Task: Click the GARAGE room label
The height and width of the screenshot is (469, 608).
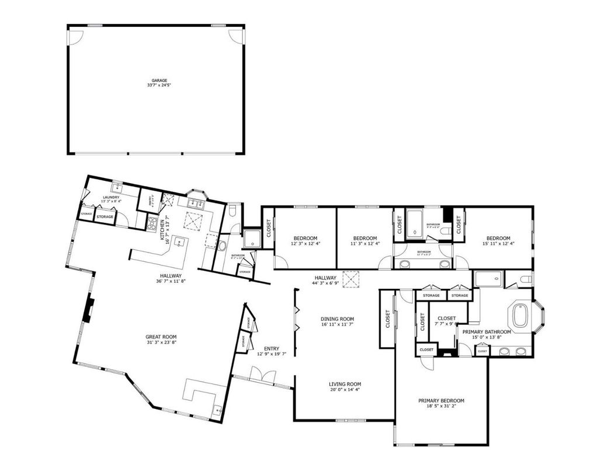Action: [159, 80]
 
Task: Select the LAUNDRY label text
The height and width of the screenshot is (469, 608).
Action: [111, 197]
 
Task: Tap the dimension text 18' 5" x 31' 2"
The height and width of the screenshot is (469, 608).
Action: [441, 407]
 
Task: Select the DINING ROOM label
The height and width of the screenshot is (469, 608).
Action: [338, 319]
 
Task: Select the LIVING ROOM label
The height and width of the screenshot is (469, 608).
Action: [345, 384]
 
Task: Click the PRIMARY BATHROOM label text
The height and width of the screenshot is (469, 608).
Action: [487, 332]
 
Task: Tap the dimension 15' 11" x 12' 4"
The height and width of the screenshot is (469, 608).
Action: [498, 245]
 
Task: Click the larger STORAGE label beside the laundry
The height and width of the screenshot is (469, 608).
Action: [105, 217]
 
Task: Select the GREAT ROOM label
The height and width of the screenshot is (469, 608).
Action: [161, 337]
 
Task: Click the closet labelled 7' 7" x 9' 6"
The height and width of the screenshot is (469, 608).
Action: [447, 321]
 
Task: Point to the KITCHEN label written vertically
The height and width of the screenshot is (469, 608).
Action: [162, 228]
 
